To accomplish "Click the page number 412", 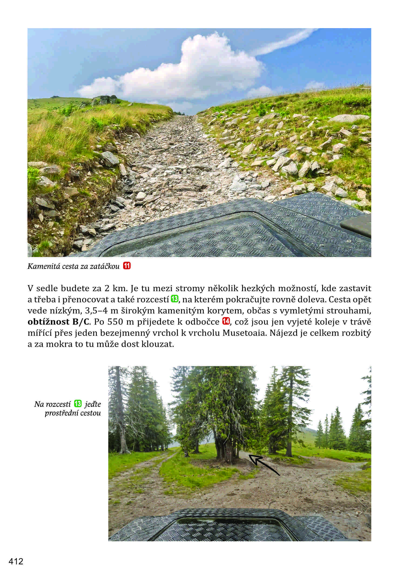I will [x=16, y=561].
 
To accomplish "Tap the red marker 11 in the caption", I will [x=127, y=266].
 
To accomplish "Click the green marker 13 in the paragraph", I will [x=174, y=299].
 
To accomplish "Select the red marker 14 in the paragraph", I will [x=226, y=321].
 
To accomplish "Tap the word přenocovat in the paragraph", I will [x=77, y=300].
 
